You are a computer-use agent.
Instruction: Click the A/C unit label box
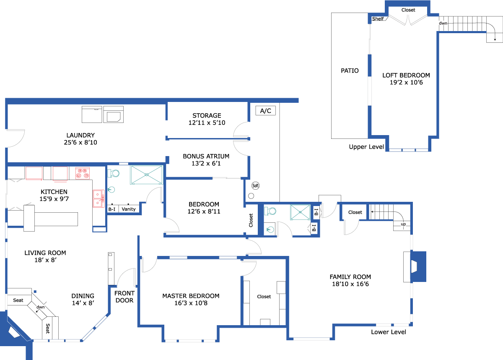265,111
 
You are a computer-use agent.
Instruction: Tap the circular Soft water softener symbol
255,185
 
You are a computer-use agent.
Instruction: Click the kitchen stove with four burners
83,173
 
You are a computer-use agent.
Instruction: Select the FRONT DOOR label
124,297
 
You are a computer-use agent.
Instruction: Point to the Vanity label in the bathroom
129,209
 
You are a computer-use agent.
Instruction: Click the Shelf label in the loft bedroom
378,18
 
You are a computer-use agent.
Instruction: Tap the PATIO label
350,70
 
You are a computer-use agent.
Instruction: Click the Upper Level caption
366,147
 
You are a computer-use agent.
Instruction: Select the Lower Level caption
389,332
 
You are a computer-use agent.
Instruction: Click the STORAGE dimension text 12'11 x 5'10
207,123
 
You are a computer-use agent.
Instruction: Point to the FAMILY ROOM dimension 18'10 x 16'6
350,284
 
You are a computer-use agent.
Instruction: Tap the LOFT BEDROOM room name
406,75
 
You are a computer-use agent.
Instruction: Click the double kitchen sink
99,198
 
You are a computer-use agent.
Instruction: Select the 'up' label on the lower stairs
403,224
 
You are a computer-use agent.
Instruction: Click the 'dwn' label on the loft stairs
443,23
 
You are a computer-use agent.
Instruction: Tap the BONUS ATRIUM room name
206,156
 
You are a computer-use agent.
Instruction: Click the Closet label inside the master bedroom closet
264,296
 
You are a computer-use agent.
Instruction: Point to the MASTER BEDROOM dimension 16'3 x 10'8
191,303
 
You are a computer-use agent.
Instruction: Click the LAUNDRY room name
80,135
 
